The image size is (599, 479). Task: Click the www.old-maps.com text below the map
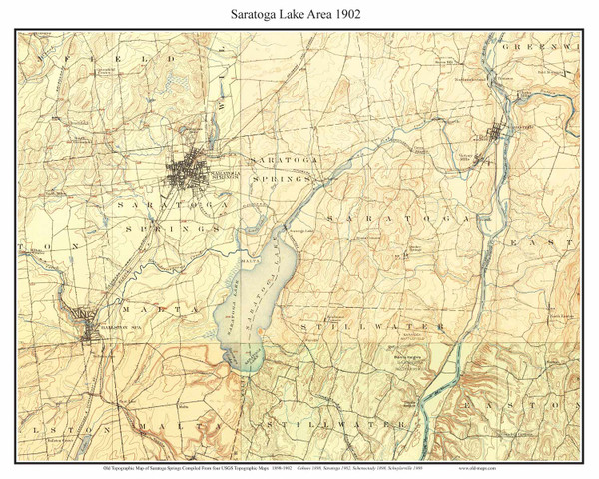tap(543, 466)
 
